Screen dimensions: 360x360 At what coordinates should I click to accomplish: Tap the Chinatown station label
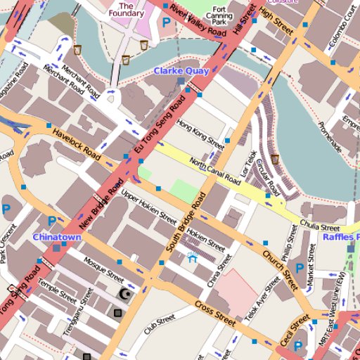[x=57, y=237]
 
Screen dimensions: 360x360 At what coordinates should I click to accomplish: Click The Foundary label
[x=127, y=9]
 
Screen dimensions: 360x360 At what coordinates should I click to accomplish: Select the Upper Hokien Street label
[x=148, y=205]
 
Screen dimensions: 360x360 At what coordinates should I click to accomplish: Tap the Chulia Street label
[x=320, y=226]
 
